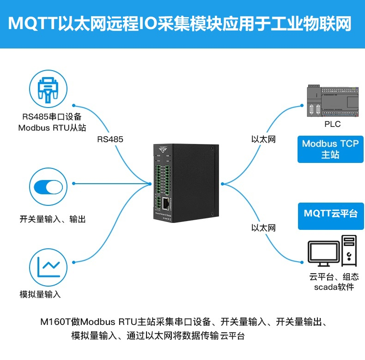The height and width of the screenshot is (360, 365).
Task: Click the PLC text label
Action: click(332, 124)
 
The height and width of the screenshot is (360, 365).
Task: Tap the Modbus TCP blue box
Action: click(330, 149)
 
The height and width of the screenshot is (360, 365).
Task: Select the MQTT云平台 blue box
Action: click(330, 214)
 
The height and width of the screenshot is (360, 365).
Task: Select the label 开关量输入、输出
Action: click(52, 219)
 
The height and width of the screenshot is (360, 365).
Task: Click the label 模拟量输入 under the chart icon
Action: click(40, 294)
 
